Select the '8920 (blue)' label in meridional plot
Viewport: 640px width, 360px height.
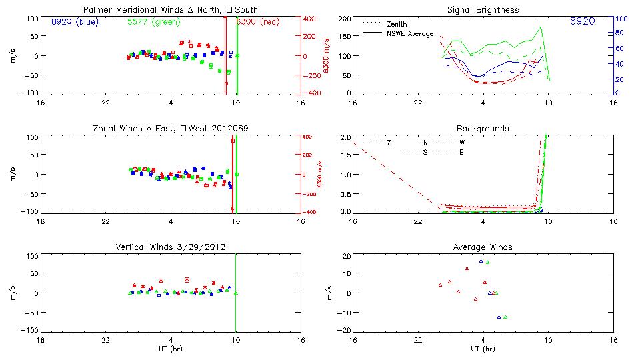(75, 21)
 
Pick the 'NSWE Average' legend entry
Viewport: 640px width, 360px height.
(410, 33)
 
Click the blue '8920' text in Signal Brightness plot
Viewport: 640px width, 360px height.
(582, 21)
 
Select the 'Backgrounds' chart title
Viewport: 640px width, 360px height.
(483, 128)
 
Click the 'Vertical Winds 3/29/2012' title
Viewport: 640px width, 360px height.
(171, 247)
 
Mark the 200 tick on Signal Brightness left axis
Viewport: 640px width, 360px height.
(344, 19)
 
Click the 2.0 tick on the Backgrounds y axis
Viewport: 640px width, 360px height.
(344, 137)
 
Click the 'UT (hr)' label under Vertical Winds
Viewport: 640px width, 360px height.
(171, 349)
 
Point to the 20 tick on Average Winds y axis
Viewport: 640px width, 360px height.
(346, 256)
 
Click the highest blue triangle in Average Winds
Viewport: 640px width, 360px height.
(481, 261)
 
